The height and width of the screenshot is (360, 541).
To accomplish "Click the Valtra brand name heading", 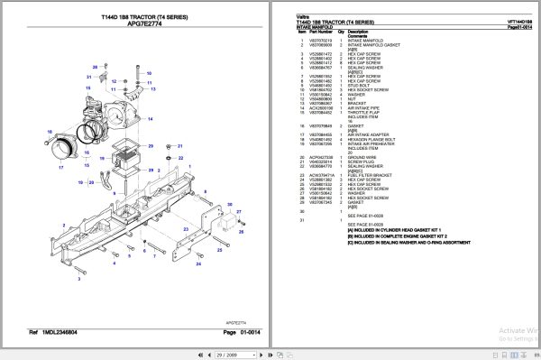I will (x=303, y=15).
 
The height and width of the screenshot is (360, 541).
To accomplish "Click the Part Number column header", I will (x=320, y=32).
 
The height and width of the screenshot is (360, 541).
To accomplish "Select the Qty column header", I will (x=342, y=32).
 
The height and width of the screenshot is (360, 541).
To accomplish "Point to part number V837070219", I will (x=321, y=42).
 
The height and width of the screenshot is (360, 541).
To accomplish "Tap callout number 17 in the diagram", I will (x=61, y=167).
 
